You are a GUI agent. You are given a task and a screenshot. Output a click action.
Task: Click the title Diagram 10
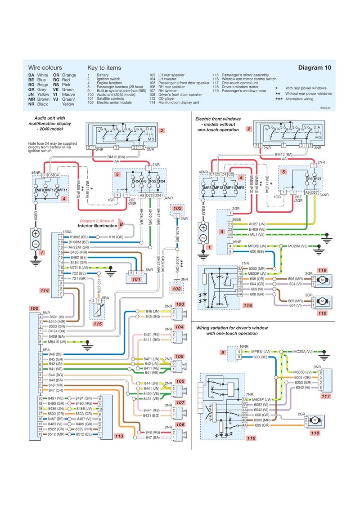(x=315, y=67)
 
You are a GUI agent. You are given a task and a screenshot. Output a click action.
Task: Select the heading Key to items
(x=104, y=67)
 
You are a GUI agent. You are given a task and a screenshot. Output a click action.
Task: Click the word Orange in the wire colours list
(x=69, y=75)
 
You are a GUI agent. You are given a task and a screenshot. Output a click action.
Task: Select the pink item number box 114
(x=44, y=290)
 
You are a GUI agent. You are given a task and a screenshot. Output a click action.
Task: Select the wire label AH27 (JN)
(x=257, y=223)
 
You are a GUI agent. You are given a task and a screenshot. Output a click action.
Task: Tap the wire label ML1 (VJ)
(x=256, y=235)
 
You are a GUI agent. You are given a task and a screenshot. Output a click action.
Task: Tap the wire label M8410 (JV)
(x=54, y=342)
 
